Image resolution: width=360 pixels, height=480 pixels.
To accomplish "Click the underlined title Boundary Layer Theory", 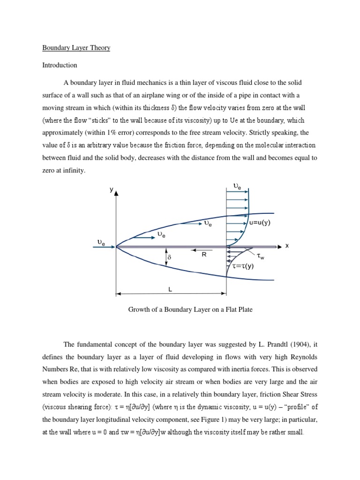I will tap(76, 48).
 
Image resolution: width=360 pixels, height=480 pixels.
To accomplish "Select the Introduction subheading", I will tap(60, 65).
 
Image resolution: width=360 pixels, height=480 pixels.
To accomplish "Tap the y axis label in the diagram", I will tap(111, 190).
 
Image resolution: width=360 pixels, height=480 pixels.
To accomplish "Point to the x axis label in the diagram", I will tap(287, 246).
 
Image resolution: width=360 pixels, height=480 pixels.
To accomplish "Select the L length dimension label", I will tap(170, 290).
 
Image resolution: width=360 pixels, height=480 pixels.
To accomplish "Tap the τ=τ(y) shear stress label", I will tap(243, 266).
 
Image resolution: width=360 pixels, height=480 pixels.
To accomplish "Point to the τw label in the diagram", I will tap(261, 256).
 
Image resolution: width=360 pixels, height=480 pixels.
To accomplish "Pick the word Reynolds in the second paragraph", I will tap(301, 357).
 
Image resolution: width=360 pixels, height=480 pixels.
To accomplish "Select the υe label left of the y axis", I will tap(101, 243).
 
